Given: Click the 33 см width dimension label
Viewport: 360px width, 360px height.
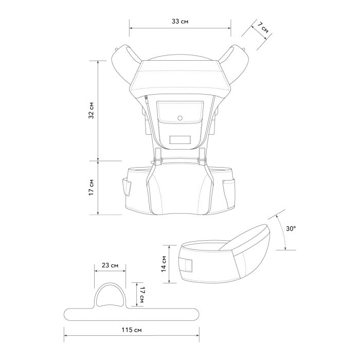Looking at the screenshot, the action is [180, 22].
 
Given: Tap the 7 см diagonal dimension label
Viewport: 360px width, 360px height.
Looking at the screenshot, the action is [263, 28].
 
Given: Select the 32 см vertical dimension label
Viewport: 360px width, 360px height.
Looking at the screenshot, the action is [92, 110].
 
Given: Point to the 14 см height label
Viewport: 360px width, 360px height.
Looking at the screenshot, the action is [164, 264].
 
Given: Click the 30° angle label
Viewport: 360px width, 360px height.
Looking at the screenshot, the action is [291, 228].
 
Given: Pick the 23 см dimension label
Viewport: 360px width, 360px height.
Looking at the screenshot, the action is [110, 265].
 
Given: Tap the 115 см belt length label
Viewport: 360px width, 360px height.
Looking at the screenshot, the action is [132, 330].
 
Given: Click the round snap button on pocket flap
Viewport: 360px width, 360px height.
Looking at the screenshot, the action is [180, 118].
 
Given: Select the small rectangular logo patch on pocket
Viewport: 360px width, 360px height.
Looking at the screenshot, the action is [180, 140].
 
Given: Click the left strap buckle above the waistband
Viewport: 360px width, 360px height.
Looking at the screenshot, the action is [158, 156].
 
